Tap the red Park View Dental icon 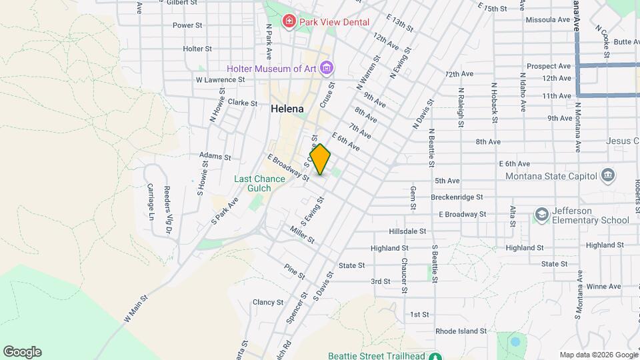click(289, 22)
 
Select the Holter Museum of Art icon click(326, 68)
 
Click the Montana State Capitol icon click(607, 176)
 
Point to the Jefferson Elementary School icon click(541, 215)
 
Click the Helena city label click(287, 109)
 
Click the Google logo click(22, 352)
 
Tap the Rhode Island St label click(463, 331)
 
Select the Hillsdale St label click(407, 231)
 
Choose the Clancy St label click(268, 302)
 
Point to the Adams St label click(215, 157)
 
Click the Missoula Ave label click(548, 20)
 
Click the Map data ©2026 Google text click(597, 355)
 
